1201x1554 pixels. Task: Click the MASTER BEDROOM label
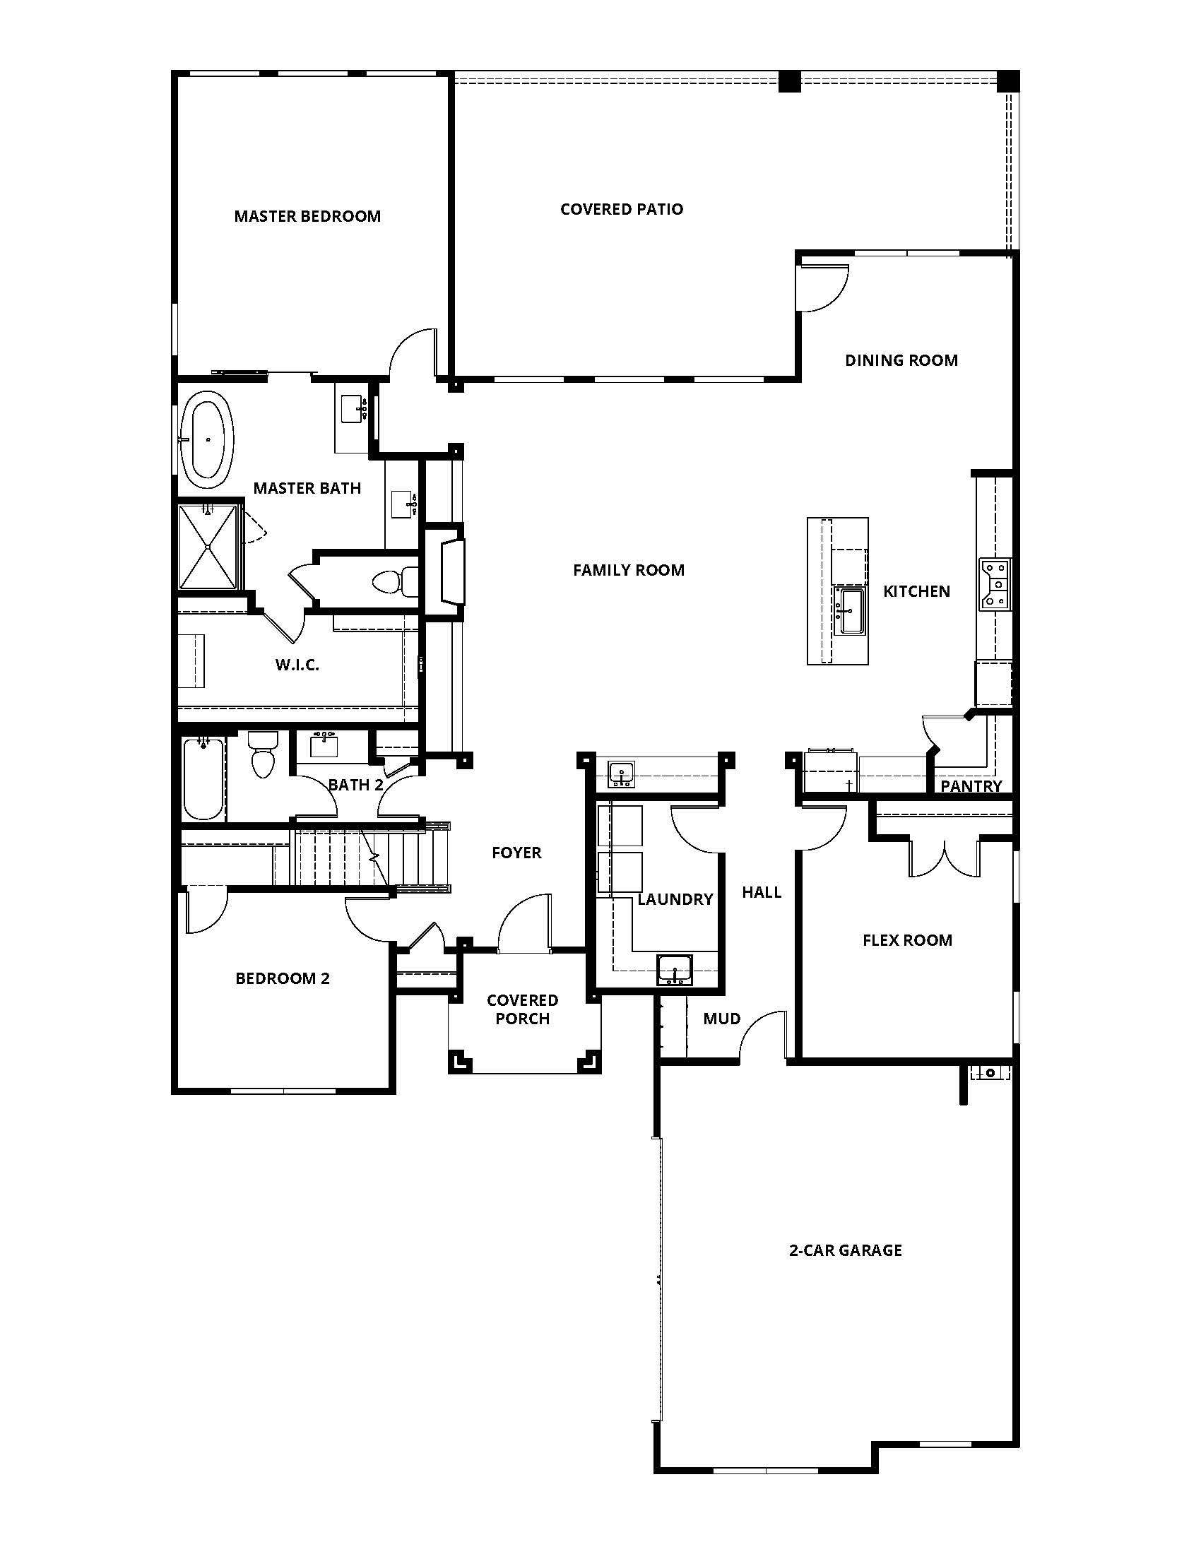point(307,216)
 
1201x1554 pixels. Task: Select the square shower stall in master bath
point(208,547)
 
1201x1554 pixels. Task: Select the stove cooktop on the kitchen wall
point(995,584)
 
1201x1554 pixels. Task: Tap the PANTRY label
point(971,786)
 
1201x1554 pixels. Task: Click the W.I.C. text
point(297,665)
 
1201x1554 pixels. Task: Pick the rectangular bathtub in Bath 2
point(203,779)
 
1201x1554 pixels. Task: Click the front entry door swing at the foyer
point(525,924)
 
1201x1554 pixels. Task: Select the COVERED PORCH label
point(522,1009)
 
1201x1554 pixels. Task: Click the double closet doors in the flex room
point(945,859)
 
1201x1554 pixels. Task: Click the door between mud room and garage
point(763,1036)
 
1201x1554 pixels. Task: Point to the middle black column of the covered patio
point(789,81)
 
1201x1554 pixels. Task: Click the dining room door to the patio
point(823,287)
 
